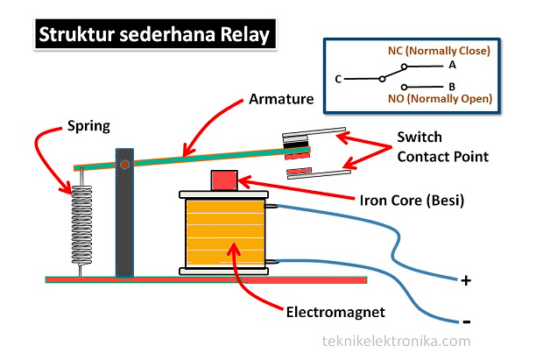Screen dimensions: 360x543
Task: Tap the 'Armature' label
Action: pos(280,99)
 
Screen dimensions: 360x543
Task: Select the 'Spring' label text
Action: pos(88,125)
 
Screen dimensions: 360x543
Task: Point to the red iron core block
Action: pos(225,180)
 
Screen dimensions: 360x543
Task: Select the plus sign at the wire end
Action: pos(466,281)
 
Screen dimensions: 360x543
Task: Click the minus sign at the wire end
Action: pos(466,321)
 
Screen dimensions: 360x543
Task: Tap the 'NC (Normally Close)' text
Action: pos(438,51)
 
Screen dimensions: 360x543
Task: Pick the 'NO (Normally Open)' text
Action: pos(441,100)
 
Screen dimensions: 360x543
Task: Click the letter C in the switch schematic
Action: pos(337,79)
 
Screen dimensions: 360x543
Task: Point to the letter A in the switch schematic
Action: pos(452,65)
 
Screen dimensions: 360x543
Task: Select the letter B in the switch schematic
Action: pos(452,87)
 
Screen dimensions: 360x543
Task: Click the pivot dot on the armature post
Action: pos(125,164)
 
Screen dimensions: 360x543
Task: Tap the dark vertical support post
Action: pos(125,219)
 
